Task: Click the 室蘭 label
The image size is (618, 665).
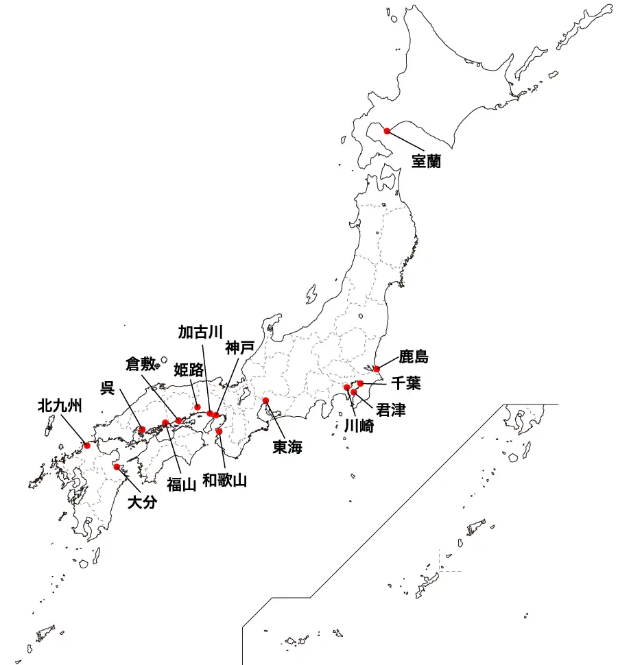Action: (425, 162)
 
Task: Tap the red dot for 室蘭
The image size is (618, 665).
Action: (387, 131)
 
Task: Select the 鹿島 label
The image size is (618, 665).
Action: (413, 357)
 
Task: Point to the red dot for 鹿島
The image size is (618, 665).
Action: (377, 369)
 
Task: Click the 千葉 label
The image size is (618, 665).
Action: (406, 383)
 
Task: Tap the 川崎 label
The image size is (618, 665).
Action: (359, 425)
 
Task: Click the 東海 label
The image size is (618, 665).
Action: (287, 448)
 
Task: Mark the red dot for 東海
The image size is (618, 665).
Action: (265, 400)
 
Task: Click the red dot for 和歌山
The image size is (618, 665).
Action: (219, 431)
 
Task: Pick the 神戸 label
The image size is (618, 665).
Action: (239, 348)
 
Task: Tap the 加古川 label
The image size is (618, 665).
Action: (200, 332)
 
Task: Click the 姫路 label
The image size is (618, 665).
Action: (189, 370)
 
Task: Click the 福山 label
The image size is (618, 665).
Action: (182, 484)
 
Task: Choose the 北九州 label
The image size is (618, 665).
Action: (60, 406)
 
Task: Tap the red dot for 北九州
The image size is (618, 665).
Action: (87, 446)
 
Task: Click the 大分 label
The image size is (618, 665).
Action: (143, 503)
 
